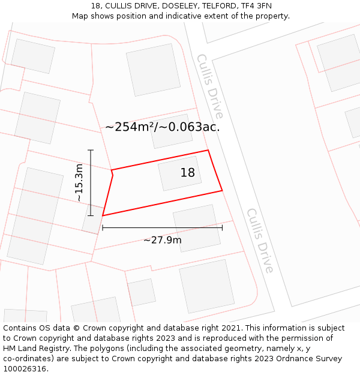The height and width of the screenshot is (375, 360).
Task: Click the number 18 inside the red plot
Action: click(x=188, y=173)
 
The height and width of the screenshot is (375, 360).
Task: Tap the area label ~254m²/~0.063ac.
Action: click(x=163, y=127)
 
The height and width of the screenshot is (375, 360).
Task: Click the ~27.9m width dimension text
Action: click(x=162, y=241)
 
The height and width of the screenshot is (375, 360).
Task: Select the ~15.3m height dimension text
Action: click(x=79, y=183)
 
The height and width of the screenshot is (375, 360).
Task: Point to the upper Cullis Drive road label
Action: click(x=210, y=86)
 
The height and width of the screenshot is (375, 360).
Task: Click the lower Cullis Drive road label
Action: click(x=260, y=240)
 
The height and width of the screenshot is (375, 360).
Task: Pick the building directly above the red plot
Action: click(x=171, y=131)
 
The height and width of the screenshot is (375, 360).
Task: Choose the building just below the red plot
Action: click(x=196, y=228)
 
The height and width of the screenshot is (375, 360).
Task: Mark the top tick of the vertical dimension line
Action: click(x=91, y=150)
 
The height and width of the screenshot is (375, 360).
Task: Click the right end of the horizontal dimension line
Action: click(x=222, y=227)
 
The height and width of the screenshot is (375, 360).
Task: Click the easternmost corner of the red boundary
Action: click(x=222, y=191)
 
